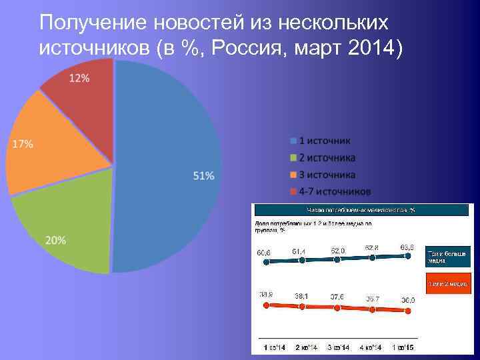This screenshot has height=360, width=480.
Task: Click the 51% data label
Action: pos(203,176)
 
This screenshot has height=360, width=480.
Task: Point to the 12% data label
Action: pos(79,78)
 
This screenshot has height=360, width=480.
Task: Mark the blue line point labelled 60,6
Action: pos(267,262)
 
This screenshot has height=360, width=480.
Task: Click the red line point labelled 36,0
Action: pos(408,309)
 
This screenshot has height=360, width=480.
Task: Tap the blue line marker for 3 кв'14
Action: pos(337,259)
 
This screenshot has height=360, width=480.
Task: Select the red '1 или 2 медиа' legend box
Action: pos(447,283)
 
